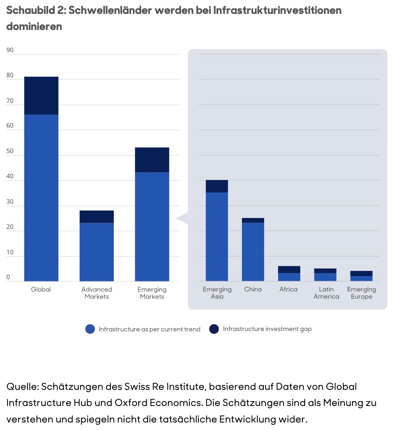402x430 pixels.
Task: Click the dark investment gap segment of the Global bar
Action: [41, 96]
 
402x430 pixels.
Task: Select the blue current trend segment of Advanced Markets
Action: [97, 252]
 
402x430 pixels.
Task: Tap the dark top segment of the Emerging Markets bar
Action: [152, 160]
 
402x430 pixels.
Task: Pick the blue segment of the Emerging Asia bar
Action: [217, 236]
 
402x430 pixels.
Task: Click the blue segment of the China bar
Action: [253, 251]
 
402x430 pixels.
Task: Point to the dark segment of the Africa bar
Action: [289, 269]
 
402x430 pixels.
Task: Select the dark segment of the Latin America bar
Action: [325, 271]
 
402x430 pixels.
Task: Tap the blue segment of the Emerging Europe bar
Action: [361, 279]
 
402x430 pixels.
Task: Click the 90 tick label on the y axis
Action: [10, 50]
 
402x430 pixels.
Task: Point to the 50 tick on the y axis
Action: [10, 151]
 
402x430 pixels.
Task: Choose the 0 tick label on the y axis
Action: [8, 277]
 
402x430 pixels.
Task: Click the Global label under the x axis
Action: [41, 289]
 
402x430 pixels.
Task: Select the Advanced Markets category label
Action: [97, 293]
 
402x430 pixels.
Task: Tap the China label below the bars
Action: [253, 289]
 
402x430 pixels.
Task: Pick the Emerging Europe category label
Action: [361, 293]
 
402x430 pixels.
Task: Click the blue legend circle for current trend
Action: [90, 329]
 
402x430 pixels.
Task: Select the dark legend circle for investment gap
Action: [214, 329]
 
